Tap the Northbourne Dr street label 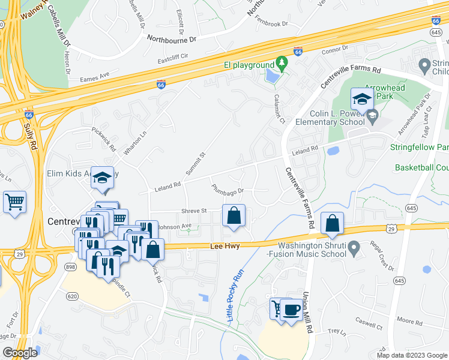(x=172, y=38)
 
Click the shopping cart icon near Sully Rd (x=14, y=202)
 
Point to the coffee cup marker (x=292, y=310)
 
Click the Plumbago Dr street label (x=228, y=189)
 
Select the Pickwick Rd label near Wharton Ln (x=104, y=137)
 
